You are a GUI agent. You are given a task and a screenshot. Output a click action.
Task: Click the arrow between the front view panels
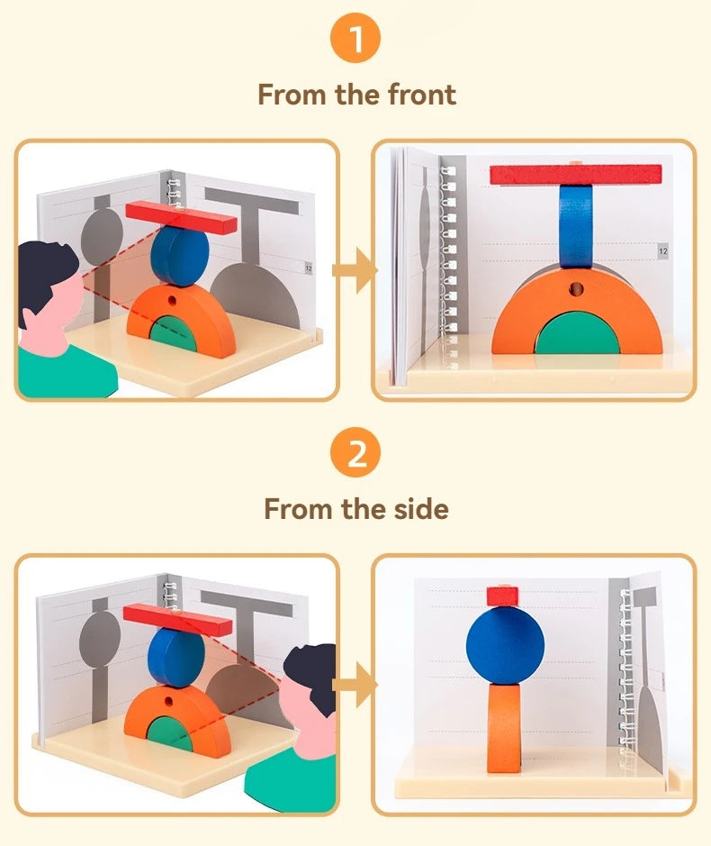[x=355, y=270]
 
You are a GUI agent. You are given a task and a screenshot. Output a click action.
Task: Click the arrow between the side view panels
[x=355, y=686]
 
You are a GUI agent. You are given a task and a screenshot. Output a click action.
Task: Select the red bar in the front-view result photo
[x=575, y=175]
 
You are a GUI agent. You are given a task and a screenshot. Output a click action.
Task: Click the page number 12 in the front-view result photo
[x=662, y=251]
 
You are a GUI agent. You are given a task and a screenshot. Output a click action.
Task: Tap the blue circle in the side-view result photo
[x=506, y=645]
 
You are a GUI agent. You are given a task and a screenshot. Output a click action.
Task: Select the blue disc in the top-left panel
[x=180, y=256]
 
